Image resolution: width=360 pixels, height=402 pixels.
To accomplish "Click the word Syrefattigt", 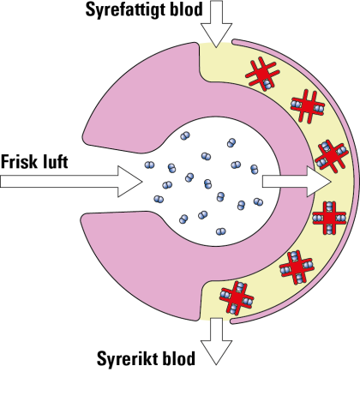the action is coord(125,10).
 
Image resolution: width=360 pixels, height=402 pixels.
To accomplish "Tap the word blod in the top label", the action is coord(186,9).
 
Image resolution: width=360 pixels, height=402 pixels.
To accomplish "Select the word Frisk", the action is coord(20,161).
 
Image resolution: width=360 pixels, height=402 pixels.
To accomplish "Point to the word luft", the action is coord(56,161).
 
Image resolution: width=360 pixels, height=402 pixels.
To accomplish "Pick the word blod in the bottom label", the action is coord(179,358).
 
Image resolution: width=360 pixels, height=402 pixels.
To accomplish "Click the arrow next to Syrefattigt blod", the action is coord(216,23).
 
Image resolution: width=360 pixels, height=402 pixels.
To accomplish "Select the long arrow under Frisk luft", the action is coord(71,182).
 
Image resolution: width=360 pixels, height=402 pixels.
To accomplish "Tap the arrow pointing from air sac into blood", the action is coord(297,182).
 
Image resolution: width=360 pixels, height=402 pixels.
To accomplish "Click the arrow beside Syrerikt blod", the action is coord(216,341).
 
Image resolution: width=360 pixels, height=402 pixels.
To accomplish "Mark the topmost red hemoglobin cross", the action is coord(262,74).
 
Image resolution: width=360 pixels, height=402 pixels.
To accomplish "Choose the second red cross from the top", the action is coord(308,106).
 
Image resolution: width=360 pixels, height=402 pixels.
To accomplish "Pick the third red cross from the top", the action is coord(332,156).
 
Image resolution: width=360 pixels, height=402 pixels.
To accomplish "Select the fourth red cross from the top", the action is coord(329,218).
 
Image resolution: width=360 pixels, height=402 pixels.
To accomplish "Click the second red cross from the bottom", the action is coord(297,267).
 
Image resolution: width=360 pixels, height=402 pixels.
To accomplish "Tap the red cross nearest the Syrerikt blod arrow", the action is coord(237,298).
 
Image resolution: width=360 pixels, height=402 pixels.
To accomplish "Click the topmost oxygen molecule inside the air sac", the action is coord(185,136).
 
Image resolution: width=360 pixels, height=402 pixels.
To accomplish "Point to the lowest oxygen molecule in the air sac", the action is coord(221,231).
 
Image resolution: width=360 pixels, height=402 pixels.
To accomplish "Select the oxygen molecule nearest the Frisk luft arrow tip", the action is coord(149,165).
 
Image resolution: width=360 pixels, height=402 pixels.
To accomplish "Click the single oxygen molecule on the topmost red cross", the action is coord(267,85).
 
